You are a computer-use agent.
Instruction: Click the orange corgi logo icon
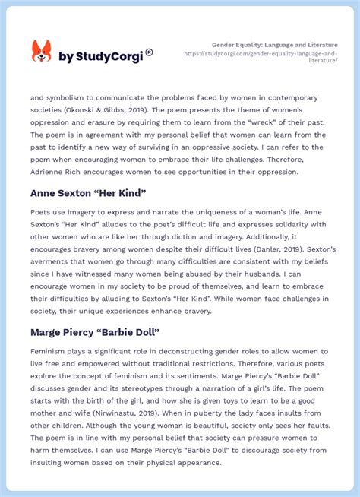pos(41,52)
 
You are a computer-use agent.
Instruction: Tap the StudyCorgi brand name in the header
pos(100,56)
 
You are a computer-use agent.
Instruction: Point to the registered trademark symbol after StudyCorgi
pos(149,52)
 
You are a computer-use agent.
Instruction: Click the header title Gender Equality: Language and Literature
pos(275,45)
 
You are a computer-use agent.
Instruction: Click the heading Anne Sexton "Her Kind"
pos(88,192)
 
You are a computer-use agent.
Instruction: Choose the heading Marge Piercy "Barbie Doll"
pos(95,332)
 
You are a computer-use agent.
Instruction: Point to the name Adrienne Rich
pos(58,172)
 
